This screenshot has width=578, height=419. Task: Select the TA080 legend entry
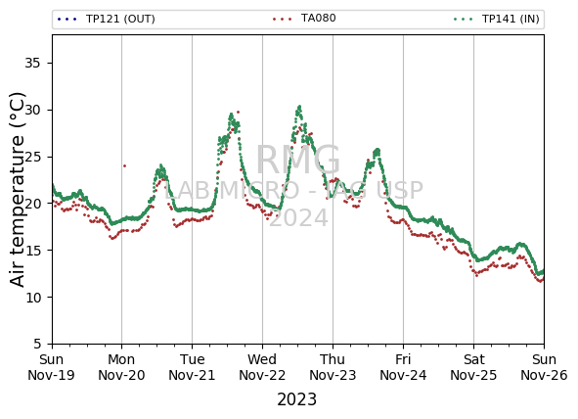point(304,18)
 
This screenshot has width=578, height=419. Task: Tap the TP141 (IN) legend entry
point(497,19)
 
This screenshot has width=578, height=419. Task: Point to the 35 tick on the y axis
point(32,63)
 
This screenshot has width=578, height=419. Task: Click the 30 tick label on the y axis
point(32,110)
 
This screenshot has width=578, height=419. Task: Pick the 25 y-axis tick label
point(32,157)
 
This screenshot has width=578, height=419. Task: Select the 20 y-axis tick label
point(32,204)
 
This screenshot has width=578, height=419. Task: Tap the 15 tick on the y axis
point(32,250)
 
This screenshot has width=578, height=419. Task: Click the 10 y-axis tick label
point(32,297)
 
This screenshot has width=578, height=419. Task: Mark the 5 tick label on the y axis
point(37,344)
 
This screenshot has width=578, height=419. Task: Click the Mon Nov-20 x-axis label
point(121,367)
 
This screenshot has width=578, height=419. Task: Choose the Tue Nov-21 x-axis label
point(192,367)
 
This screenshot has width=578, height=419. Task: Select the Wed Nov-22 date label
point(262,367)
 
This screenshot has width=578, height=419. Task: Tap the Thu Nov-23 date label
point(333,367)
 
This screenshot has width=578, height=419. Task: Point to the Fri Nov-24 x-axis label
point(403,367)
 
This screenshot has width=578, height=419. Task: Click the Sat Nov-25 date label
point(473,367)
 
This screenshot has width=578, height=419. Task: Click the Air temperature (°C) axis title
point(17,189)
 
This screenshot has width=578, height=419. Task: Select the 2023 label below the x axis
point(296,399)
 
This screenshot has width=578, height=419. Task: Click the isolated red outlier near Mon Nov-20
point(124,166)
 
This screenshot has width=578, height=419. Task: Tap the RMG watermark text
point(298,161)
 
